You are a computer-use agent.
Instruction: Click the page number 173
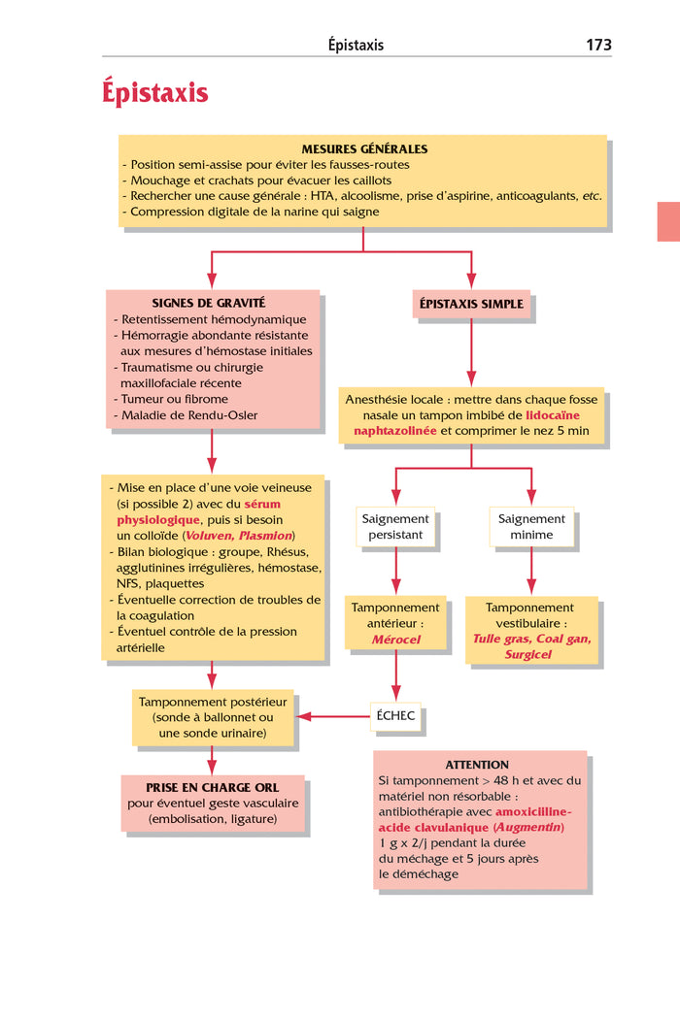click(598, 45)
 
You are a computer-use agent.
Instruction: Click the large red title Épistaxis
click(154, 93)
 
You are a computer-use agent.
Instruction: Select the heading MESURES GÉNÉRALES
click(364, 149)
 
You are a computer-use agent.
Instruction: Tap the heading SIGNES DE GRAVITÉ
click(208, 303)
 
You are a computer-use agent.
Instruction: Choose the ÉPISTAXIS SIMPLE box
click(471, 304)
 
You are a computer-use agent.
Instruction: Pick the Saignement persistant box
click(395, 527)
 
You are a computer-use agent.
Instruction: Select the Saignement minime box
click(531, 527)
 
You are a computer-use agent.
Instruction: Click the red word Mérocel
click(395, 640)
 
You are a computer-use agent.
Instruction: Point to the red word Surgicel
click(528, 654)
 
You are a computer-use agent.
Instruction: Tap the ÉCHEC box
click(395, 716)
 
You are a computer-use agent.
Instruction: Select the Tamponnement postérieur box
click(213, 717)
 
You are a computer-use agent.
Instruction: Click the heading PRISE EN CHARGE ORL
click(213, 788)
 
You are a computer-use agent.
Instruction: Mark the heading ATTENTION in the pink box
click(477, 765)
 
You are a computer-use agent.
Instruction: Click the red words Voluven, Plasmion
click(239, 536)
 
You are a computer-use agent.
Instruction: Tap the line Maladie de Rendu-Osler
click(189, 415)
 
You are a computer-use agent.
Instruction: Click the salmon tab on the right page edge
click(668, 221)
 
